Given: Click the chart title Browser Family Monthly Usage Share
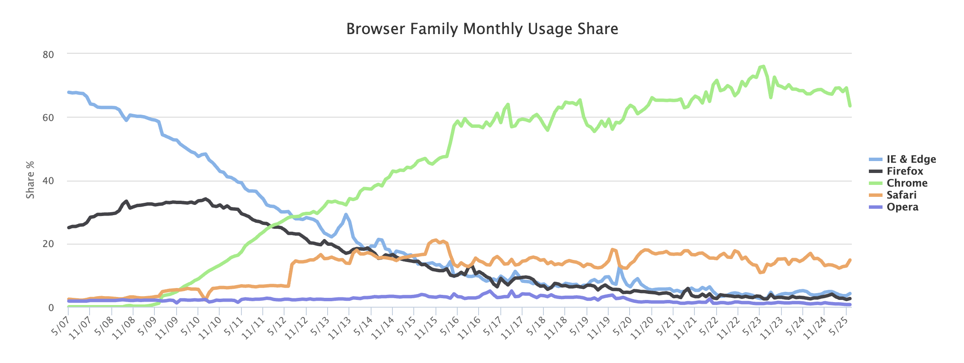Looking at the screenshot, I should pyautogui.click(x=482, y=29).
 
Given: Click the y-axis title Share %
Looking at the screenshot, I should pyautogui.click(x=30, y=180).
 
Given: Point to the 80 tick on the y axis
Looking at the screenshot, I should pyautogui.click(x=48, y=55).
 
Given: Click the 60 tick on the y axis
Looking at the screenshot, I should pyautogui.click(x=48, y=118).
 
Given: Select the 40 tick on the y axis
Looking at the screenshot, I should pyautogui.click(x=48, y=181).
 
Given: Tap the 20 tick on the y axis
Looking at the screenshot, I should pyautogui.click(x=48, y=244).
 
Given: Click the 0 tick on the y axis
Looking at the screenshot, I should pyautogui.click(x=51, y=308).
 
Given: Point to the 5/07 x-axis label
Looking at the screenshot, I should pyautogui.click(x=60, y=325).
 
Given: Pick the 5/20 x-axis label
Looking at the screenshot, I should pyautogui.click(x=621, y=325).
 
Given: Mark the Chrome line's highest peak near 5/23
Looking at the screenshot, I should pyautogui.click(x=764, y=66).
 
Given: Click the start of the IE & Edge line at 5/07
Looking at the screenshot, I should pyautogui.click(x=69, y=92).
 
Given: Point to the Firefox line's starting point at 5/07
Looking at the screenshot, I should pyautogui.click(x=69, y=228).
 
